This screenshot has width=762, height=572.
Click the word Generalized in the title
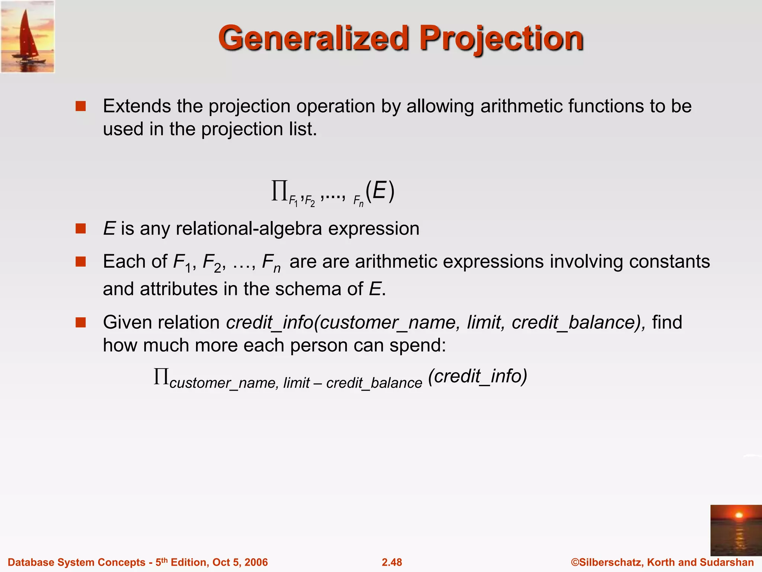[x=314, y=38]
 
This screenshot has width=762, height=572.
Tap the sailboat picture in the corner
[x=28, y=36]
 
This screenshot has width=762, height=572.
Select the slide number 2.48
[x=392, y=562]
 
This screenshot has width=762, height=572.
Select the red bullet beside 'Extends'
[x=80, y=107]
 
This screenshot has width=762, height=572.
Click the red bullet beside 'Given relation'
[x=80, y=322]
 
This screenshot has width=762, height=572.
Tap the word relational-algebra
[x=249, y=228]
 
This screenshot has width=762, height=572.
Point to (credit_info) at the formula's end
[x=478, y=376]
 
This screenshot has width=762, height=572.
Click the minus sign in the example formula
[x=318, y=382]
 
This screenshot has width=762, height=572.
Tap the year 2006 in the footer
[x=256, y=562]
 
